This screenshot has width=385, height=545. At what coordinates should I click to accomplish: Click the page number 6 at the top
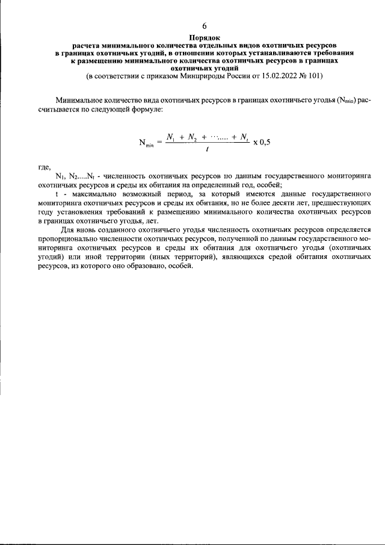(x=204, y=25)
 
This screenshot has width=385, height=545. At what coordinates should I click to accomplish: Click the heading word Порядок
(x=204, y=37)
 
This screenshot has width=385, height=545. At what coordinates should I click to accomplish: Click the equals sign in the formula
(x=159, y=142)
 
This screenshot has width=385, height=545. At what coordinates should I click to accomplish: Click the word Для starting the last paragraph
(x=67, y=230)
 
